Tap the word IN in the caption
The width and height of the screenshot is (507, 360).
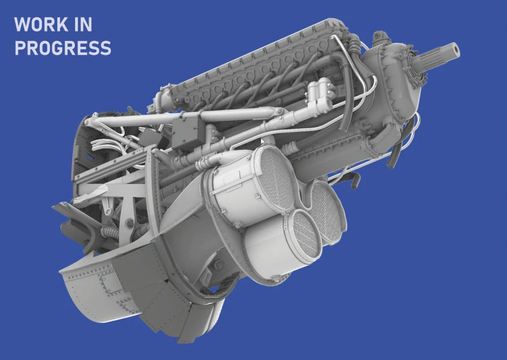(84, 24)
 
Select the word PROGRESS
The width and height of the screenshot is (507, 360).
(63, 48)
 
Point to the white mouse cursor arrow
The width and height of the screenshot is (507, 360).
(263, 141)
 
